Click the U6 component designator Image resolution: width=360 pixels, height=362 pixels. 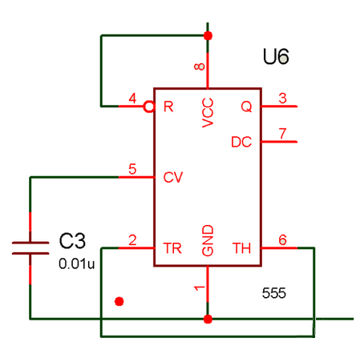(x=276, y=56)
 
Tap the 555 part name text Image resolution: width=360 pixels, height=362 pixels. (x=274, y=293)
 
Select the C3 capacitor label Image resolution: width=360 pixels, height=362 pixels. (x=72, y=241)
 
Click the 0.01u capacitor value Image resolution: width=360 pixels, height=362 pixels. (x=76, y=263)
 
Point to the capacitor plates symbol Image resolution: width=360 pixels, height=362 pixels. (x=30, y=248)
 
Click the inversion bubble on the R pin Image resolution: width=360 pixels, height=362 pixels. (x=149, y=107)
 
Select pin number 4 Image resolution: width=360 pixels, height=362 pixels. (x=132, y=99)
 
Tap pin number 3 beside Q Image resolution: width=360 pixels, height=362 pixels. (x=282, y=98)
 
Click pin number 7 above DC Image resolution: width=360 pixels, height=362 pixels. (x=282, y=133)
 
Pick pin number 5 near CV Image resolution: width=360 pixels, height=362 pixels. (x=132, y=169)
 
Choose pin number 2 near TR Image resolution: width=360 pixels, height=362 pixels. (x=132, y=240)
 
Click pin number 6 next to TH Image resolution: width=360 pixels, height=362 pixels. (x=282, y=239)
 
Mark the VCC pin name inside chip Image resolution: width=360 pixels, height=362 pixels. (x=208, y=113)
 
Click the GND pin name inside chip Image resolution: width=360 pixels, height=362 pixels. (x=208, y=240)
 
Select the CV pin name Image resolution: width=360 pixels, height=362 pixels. (x=173, y=177)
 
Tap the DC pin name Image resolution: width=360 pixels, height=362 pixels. (x=241, y=142)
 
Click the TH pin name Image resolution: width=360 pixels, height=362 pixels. (x=241, y=248)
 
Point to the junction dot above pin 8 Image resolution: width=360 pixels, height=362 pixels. (x=208, y=35)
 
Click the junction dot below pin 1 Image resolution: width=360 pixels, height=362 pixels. (x=208, y=319)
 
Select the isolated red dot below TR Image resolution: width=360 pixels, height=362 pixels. (x=119, y=301)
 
